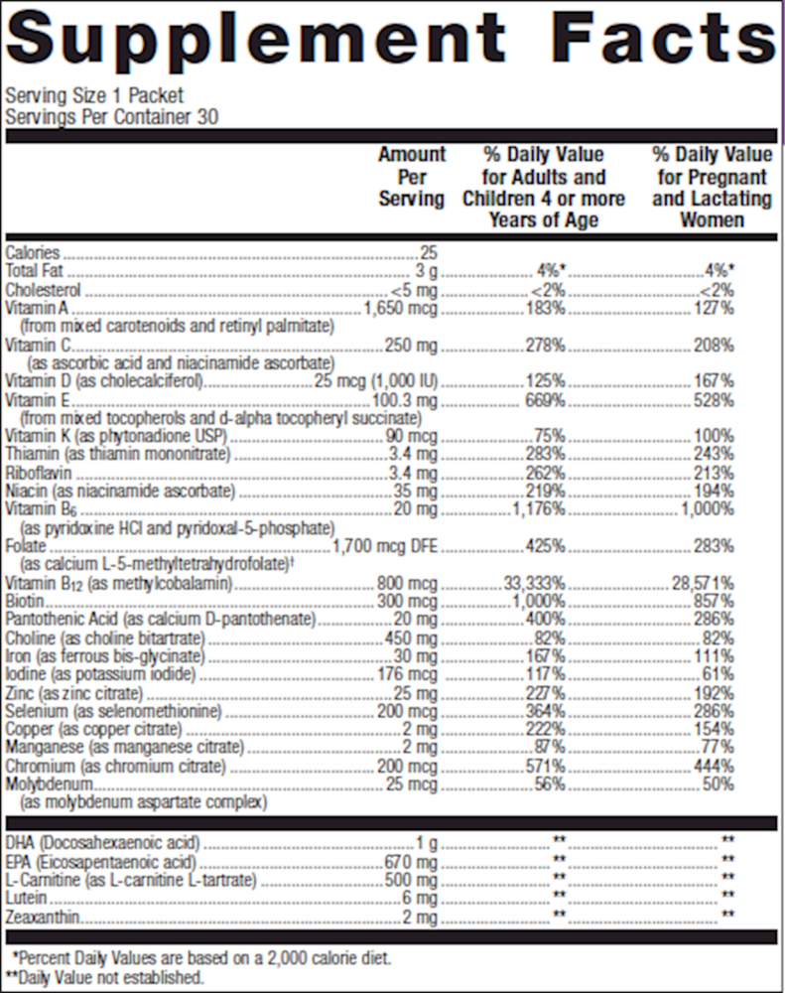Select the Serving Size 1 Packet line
coord(94,96)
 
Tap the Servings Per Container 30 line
coord(112,116)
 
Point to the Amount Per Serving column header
coord(412,177)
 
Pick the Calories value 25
coord(429,253)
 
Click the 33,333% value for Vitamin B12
coord(534,584)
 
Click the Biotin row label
coord(24,602)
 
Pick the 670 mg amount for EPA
coord(410,861)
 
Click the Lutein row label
coord(25,899)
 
